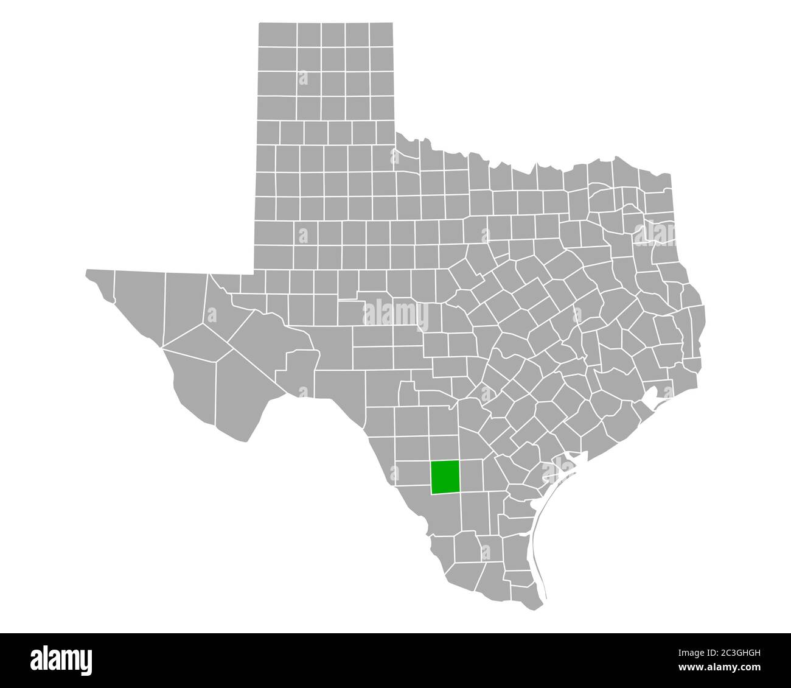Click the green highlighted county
tap(445, 477)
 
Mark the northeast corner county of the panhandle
tap(380, 35)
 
